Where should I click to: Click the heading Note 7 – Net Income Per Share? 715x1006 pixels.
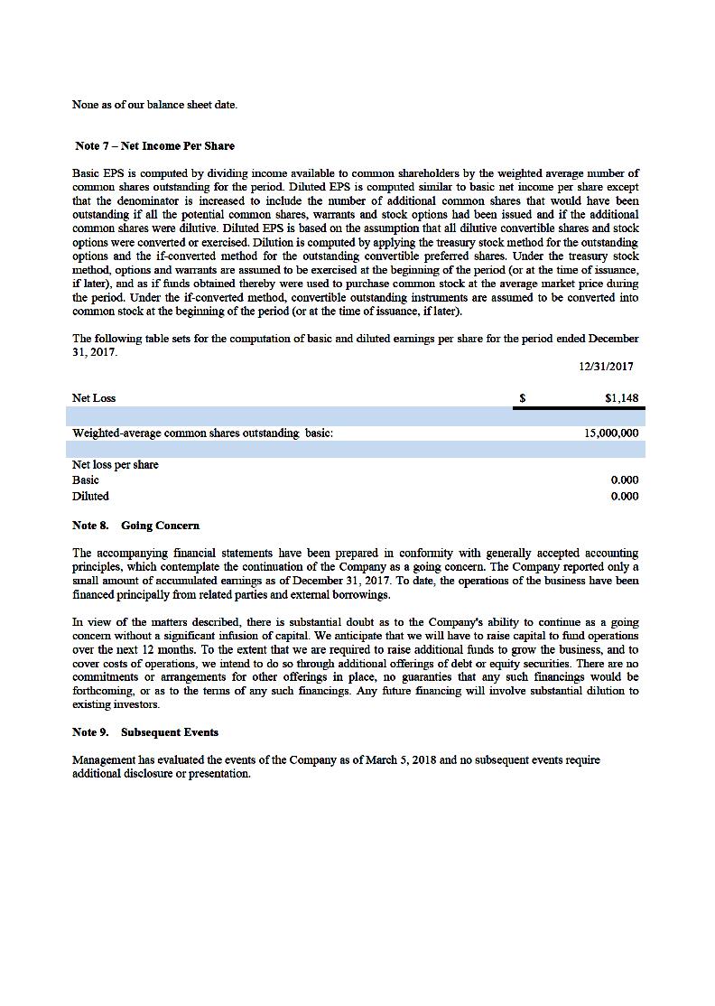click(x=155, y=146)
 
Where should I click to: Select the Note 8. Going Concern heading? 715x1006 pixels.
click(x=135, y=526)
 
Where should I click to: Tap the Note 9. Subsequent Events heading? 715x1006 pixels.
click(x=145, y=732)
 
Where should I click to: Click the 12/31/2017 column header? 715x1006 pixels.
click(x=606, y=367)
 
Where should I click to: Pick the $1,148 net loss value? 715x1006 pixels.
click(x=621, y=398)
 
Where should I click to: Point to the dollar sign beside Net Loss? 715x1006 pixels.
click(x=523, y=398)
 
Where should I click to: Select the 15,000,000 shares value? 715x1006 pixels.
click(x=611, y=433)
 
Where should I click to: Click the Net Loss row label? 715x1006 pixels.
click(x=94, y=398)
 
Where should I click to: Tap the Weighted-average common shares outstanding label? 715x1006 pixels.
click(x=202, y=433)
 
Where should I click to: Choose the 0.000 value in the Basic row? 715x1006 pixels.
click(x=624, y=480)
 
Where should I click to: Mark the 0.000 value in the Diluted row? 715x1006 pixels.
click(x=624, y=497)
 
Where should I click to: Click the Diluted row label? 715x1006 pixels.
click(x=90, y=497)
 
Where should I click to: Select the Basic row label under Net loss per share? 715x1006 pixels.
click(x=86, y=480)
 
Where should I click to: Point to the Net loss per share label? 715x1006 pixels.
click(x=116, y=465)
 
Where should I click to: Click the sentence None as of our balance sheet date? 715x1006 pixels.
click(x=154, y=105)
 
